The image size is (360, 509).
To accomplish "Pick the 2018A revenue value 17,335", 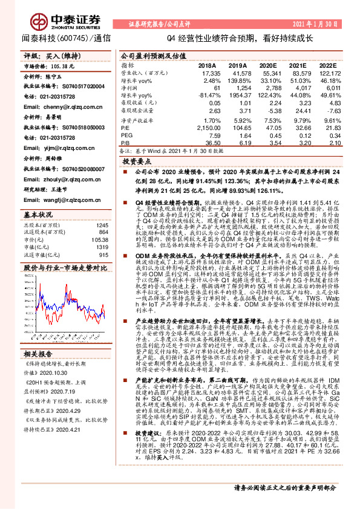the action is point(206,73).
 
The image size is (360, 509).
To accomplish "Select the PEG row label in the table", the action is point(126,135).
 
